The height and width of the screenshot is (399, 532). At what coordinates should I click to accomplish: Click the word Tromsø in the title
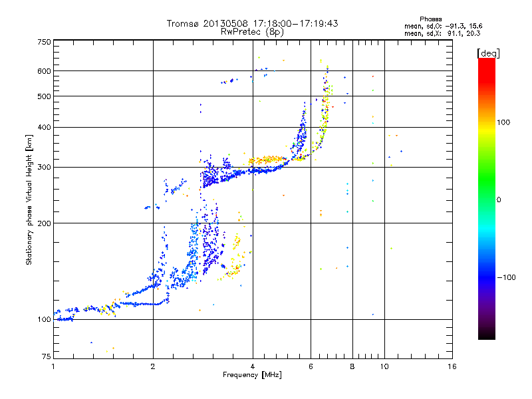click(184, 23)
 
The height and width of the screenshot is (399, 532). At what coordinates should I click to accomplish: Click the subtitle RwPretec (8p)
click(252, 32)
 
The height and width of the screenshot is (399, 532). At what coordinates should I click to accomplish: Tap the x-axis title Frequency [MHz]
click(252, 375)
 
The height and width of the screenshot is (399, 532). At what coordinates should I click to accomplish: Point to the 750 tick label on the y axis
click(44, 42)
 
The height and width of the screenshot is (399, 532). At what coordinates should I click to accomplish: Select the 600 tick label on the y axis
click(44, 71)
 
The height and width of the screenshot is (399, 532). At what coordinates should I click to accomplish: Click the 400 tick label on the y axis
click(44, 127)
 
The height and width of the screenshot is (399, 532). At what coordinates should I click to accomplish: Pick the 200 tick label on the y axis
click(44, 223)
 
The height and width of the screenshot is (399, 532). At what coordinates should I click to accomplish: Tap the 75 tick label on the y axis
click(47, 356)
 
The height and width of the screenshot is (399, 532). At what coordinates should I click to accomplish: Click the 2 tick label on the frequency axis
click(153, 366)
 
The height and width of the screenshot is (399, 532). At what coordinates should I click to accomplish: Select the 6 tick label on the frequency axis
click(311, 366)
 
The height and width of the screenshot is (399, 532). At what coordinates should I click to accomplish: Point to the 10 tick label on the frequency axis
click(384, 366)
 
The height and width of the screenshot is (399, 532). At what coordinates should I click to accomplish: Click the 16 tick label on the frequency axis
click(452, 366)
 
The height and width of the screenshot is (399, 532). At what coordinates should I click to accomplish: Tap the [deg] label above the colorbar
click(488, 53)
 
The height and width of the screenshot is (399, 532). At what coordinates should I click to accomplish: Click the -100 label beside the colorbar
click(507, 277)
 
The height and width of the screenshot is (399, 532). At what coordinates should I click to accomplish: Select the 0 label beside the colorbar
click(499, 199)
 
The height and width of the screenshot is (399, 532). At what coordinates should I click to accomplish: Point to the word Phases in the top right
click(430, 19)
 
